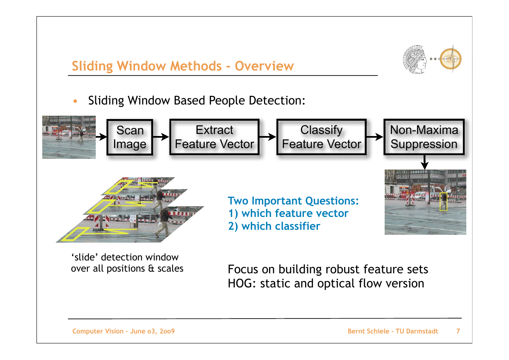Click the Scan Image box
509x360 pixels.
click(130, 137)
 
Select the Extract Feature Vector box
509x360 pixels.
click(215, 137)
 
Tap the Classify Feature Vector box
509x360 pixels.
click(322, 137)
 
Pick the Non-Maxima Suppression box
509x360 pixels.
click(424, 137)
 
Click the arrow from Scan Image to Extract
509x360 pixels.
click(161, 137)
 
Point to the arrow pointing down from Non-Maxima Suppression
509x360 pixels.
click(424, 163)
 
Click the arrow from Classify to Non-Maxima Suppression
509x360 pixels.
click(375, 137)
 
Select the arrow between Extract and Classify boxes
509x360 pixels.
click(268, 137)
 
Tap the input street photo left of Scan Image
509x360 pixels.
click(69, 137)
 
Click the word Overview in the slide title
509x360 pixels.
click(264, 66)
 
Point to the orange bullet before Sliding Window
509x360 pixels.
click(75, 101)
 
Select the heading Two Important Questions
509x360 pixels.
click(293, 201)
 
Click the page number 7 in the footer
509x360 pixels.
click(458, 331)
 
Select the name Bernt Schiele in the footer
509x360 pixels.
click(368, 331)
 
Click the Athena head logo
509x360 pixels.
click(414, 59)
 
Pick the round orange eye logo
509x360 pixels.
click(451, 59)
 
